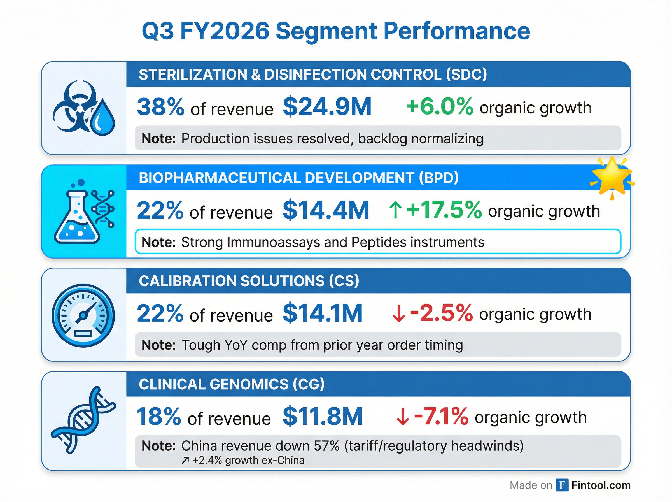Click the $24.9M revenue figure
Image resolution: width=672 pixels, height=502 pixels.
pyautogui.click(x=327, y=107)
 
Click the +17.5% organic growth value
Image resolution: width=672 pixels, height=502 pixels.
pyautogui.click(x=444, y=210)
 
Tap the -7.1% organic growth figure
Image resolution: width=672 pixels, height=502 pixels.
pyautogui.click(x=441, y=417)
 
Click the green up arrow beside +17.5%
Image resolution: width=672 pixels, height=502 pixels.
pyautogui.click(x=395, y=210)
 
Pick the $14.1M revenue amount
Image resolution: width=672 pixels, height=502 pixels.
pyautogui.click(x=323, y=313)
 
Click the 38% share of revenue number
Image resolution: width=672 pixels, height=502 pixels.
pyautogui.click(x=160, y=107)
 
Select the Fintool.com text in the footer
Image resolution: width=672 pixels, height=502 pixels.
pyautogui.click(x=601, y=485)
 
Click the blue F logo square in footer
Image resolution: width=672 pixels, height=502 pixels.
pyautogui.click(x=562, y=485)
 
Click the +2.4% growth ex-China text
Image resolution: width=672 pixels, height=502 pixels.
pyautogui.click(x=248, y=460)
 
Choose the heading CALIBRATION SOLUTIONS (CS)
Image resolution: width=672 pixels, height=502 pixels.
pyautogui.click(x=249, y=281)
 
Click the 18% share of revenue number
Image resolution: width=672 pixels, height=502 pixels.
pyautogui.click(x=158, y=417)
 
